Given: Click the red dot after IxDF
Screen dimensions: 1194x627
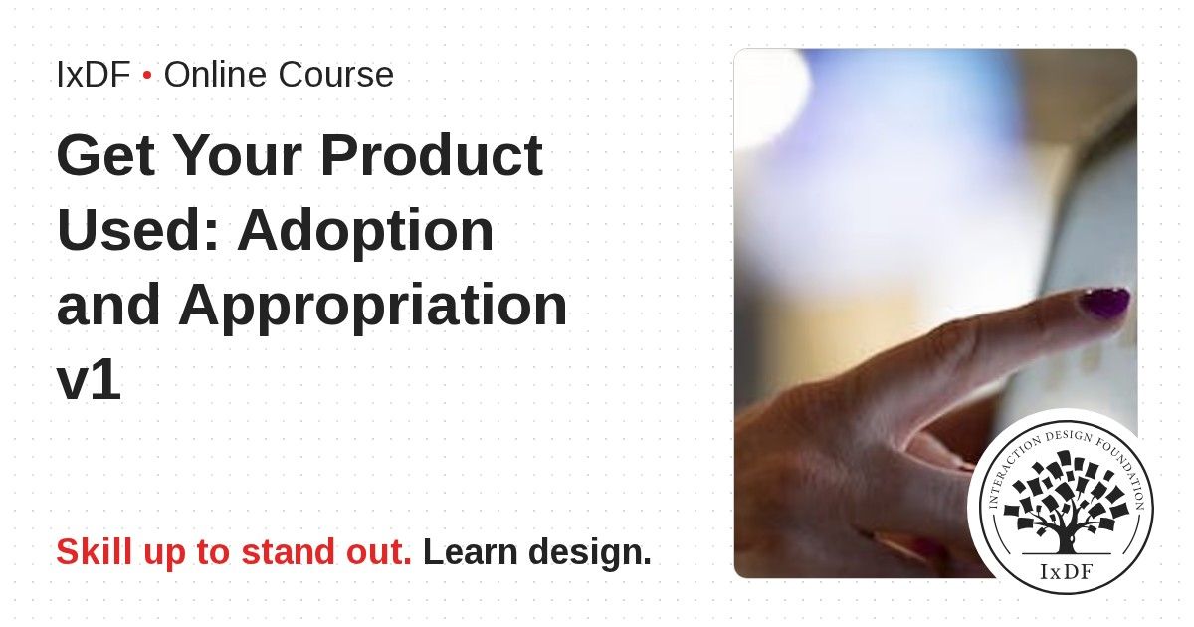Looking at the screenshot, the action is tap(147, 76).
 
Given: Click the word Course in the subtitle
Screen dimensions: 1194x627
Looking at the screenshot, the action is tap(336, 74).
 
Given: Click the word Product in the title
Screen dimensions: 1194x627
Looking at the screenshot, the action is tap(432, 155).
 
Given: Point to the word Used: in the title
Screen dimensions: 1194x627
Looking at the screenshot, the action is tap(137, 230).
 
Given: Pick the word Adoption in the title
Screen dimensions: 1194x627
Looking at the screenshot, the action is tap(366, 231).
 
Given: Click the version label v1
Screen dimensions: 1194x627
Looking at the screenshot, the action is tap(89, 379).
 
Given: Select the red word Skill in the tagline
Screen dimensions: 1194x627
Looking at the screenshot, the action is tap(95, 551).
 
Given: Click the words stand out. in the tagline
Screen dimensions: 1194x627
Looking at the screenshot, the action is tap(326, 551).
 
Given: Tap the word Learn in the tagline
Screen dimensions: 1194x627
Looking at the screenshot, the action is tap(470, 551).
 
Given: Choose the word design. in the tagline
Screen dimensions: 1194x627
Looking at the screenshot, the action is tap(590, 551).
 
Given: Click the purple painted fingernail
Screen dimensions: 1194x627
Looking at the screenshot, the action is tap(1105, 303).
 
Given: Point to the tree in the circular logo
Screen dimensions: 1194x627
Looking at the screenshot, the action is tap(1066, 503).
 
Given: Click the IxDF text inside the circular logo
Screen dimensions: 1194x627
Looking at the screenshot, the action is tap(1066, 572).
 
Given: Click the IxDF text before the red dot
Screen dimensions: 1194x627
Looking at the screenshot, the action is tap(94, 74).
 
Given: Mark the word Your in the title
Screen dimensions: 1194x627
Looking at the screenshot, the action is tap(238, 155).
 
